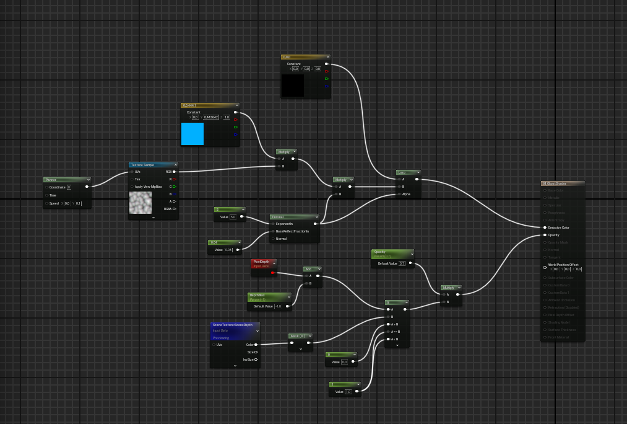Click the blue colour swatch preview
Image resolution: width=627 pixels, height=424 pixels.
[x=192, y=134]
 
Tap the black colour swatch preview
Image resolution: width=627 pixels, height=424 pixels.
[x=293, y=86]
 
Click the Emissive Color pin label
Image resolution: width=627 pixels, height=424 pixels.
[x=558, y=227]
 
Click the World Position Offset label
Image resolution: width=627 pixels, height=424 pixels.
[x=563, y=265]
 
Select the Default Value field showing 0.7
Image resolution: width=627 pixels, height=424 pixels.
[x=402, y=263]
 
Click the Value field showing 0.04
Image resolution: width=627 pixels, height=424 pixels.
[x=228, y=250]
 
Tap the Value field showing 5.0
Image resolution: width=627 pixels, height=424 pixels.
[x=233, y=217]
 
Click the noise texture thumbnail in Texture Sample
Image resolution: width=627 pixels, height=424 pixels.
[x=141, y=202]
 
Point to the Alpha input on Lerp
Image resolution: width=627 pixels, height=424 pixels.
[x=406, y=194]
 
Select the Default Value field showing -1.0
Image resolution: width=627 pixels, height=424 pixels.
[x=278, y=306]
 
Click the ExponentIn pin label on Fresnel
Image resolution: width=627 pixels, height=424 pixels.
[x=284, y=224]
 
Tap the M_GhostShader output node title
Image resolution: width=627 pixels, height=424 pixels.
[x=555, y=183]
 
